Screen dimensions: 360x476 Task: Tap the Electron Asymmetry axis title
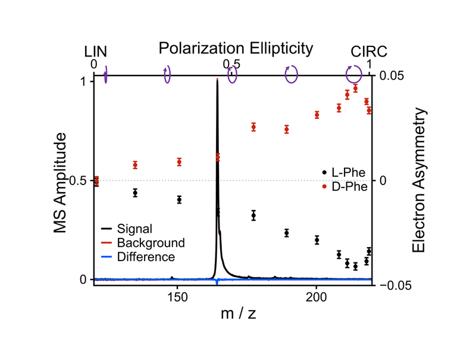pos(419,180)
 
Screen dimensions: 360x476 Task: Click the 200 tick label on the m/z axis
pos(316,296)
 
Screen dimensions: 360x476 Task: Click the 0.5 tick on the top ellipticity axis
pos(231,64)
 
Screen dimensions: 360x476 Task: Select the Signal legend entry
pos(134,229)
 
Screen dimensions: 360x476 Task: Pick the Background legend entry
pos(151,243)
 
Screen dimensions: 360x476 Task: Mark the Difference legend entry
pos(146,257)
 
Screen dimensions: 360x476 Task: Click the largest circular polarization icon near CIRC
pos(354,74)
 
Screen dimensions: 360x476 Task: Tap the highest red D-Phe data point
pos(355,88)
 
